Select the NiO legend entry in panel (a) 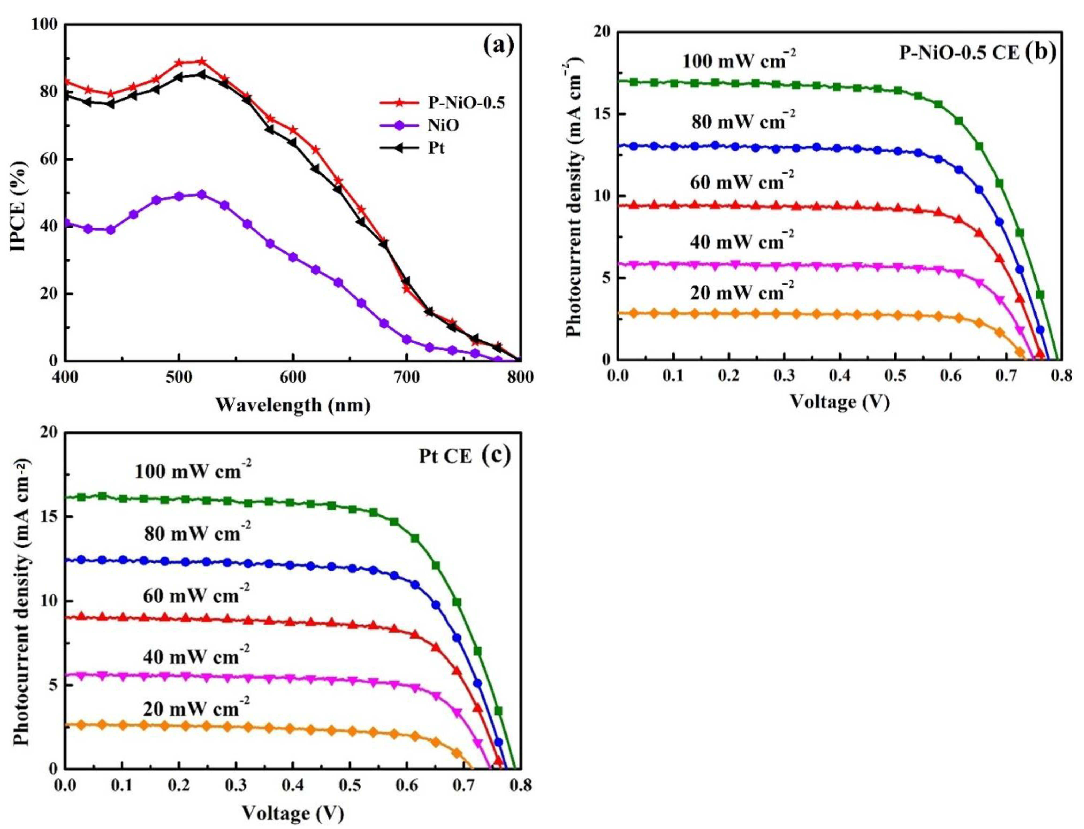(x=443, y=125)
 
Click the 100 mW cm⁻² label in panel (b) (x=739, y=60)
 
